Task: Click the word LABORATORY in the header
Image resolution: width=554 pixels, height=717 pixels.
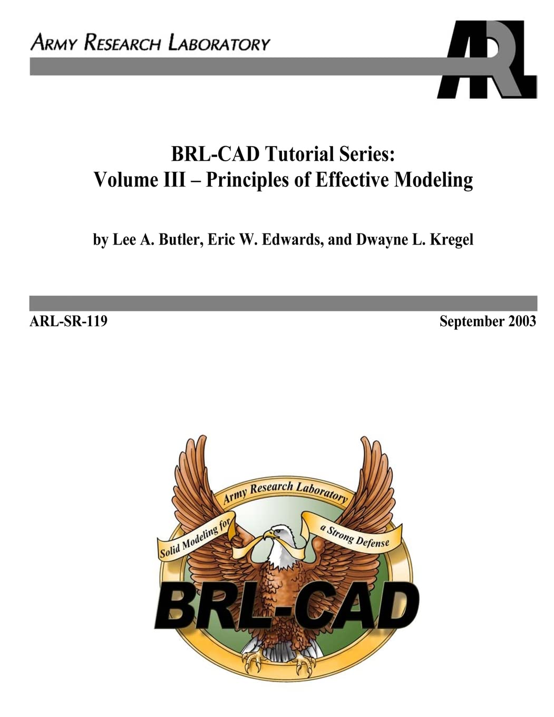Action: click(x=219, y=43)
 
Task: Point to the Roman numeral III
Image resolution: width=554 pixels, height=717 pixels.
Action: click(x=173, y=180)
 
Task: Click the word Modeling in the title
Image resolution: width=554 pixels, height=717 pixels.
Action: click(x=433, y=180)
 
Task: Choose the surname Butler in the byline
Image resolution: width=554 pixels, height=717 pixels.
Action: click(x=179, y=239)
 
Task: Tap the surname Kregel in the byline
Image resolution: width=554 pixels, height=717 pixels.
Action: click(x=451, y=239)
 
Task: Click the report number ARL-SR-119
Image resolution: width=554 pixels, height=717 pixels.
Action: click(x=69, y=321)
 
